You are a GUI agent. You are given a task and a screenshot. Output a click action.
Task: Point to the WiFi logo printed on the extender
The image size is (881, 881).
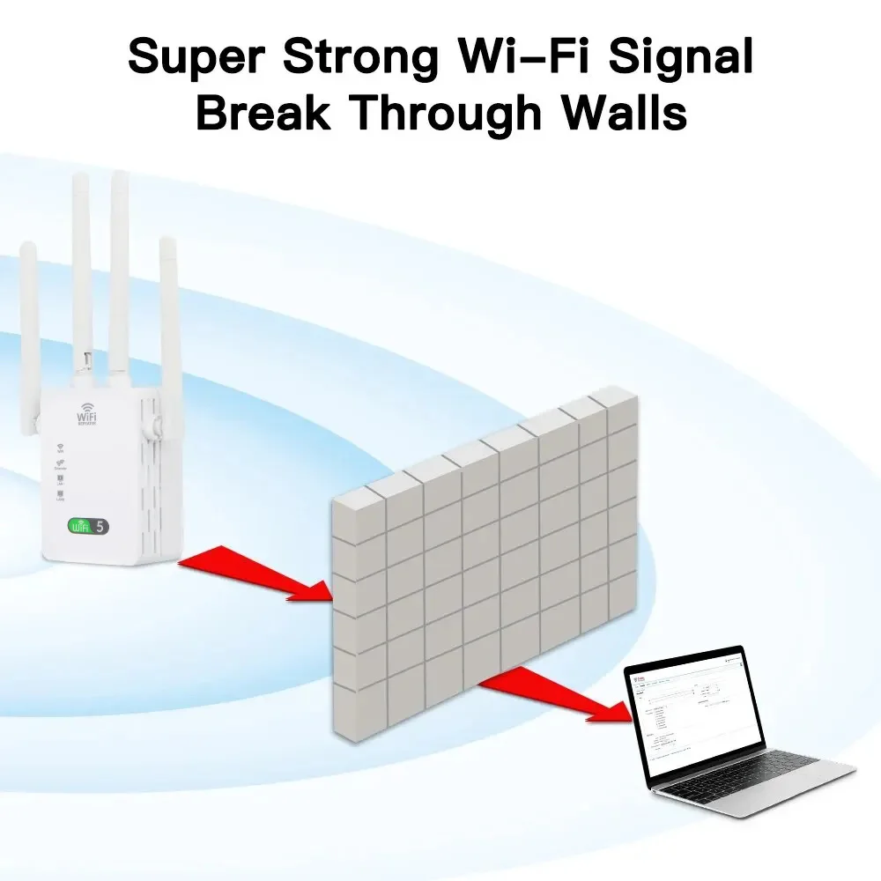click(87, 415)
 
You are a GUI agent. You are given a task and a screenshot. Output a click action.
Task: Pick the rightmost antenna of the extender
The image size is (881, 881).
click(169, 335)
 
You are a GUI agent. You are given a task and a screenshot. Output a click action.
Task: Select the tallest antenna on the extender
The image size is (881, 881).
click(119, 264)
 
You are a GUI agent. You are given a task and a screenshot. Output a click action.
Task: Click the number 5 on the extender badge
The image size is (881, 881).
click(100, 527)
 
